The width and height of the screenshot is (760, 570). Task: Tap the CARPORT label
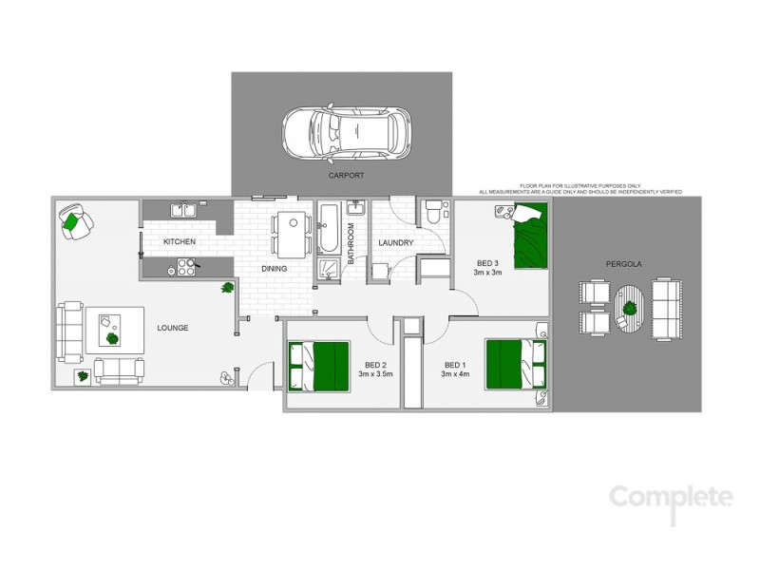tap(347, 176)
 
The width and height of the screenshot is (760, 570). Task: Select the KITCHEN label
tap(180, 242)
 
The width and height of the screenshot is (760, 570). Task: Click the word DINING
tap(275, 269)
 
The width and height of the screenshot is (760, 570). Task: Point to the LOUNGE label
tap(173, 328)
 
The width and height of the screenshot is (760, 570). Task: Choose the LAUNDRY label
tap(395, 243)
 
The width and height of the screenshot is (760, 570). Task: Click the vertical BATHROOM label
tap(351, 243)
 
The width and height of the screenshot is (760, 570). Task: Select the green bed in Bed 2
tap(320, 365)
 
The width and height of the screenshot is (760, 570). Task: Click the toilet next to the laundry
tap(432, 211)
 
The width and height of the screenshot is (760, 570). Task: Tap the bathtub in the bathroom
tap(328, 225)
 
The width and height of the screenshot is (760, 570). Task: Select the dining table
tap(291, 234)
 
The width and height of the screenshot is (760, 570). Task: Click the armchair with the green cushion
tap(75, 221)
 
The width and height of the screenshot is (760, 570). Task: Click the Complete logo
tap(671, 498)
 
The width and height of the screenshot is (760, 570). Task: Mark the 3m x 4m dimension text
tap(455, 375)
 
